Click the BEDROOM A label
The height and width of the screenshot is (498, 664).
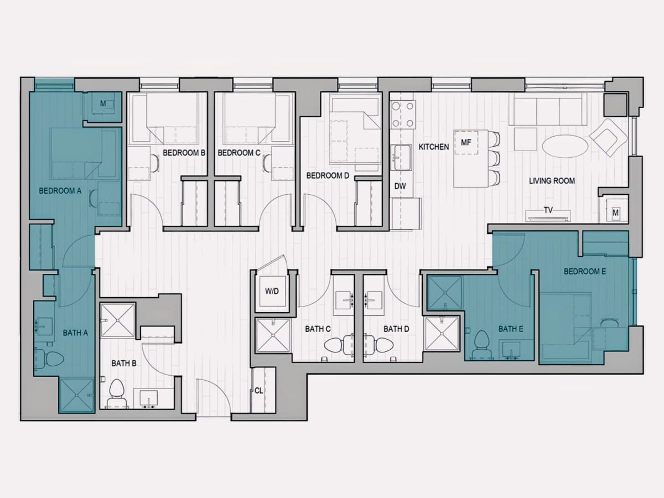coord(60,191)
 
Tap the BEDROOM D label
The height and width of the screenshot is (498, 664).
coord(328,175)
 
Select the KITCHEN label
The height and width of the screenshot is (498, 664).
coord(433,147)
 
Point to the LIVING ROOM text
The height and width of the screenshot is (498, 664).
coord(552,181)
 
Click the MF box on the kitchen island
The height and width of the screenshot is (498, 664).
coord(466,142)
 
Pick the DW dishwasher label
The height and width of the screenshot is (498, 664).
coord(400,186)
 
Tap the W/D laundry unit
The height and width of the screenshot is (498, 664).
coord(272,291)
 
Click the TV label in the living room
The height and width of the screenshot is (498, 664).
coord(548,210)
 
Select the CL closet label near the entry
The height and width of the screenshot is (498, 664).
coord(258,391)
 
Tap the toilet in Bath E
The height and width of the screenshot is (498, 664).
coord(482,345)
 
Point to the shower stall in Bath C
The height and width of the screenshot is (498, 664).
coord(273,335)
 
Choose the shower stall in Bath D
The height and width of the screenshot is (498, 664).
coord(442,333)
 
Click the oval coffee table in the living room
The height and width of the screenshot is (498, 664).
coord(565,146)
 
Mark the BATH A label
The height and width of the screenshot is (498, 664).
coord(75,333)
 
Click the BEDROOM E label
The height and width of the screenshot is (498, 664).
coord(585,272)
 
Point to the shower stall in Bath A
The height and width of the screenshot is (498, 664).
coord(77,396)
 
